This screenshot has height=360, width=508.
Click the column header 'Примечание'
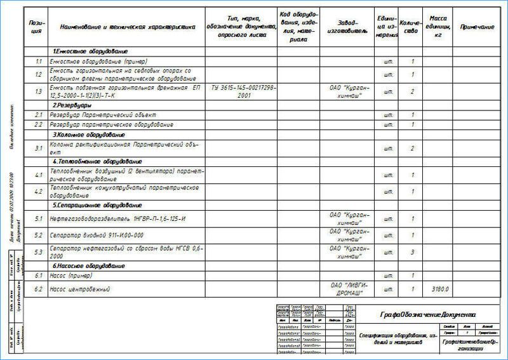tap(477, 27)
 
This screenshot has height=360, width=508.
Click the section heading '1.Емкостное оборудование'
tap(90, 51)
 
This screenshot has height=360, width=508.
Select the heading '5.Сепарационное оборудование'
tap(97, 206)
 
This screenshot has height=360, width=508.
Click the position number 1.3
tap(38, 91)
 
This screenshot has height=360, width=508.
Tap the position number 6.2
tap(38, 290)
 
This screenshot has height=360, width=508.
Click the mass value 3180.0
tap(440, 290)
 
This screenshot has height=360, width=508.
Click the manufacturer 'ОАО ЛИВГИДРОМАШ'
tap(348, 290)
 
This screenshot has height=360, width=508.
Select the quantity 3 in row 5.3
tap(413, 252)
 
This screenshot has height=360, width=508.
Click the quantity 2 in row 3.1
tap(413, 149)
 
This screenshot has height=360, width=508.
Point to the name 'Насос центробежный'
tap(81, 290)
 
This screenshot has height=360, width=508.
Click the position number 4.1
tap(38, 175)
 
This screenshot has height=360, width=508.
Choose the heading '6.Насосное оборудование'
tap(88, 265)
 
